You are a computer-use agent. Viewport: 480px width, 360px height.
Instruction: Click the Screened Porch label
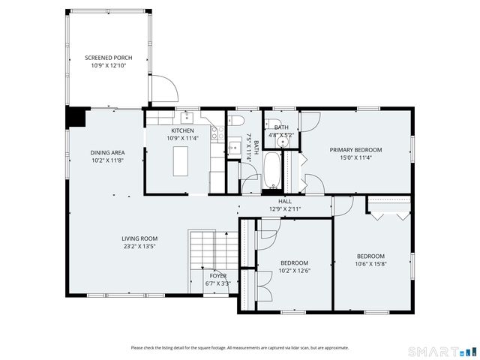pos(108,58)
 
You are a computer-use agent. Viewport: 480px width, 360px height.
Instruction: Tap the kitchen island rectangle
pos(180,160)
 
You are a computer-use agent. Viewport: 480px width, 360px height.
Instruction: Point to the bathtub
pos(272,171)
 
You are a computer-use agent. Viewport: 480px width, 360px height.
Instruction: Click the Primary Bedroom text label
pos(355,150)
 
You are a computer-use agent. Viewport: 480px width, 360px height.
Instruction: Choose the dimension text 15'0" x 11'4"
pos(355,157)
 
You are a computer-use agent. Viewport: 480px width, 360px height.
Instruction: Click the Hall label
pos(285,201)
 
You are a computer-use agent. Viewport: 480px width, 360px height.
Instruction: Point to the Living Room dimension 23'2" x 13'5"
pos(139,246)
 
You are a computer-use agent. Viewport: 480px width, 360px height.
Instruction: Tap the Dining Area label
pos(108,152)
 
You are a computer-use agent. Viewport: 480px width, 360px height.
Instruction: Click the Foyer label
pos(217,275)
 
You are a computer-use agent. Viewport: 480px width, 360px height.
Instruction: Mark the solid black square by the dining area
pos(76,118)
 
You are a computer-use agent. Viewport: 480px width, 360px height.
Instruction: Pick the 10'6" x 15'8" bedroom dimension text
pos(370,263)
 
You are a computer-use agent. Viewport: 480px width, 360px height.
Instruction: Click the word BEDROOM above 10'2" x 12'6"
pos(294,262)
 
